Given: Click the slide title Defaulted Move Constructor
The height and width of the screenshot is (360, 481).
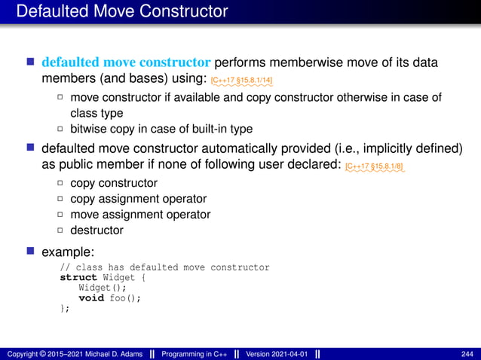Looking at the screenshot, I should pos(121,11).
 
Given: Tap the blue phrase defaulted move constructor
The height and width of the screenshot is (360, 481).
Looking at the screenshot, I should pos(126,61).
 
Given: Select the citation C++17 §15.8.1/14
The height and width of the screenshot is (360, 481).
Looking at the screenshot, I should pos(242,79).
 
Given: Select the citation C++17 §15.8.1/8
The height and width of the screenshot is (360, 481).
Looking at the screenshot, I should pos(374,165).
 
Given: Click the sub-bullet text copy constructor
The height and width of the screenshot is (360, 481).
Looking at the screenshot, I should pos(114,183).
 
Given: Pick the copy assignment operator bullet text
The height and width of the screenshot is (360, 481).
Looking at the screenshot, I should pos(138,199).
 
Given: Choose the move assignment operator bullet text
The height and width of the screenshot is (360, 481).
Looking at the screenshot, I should pos(140,215).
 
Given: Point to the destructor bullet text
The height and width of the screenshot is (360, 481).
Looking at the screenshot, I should pos(97,230).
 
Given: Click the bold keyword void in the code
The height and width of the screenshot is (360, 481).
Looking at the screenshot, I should pos(90,297).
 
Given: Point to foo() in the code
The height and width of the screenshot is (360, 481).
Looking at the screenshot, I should pos(125,297).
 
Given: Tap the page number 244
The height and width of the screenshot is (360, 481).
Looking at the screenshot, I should pos(466,353).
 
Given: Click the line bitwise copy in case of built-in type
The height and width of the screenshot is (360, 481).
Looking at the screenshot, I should pos(161,128).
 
